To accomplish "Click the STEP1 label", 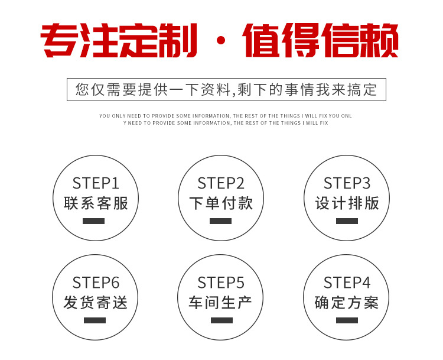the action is click(96, 183).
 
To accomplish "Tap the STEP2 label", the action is click(221, 183).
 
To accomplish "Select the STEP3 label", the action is click(347, 183).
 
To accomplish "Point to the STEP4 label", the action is click(347, 283).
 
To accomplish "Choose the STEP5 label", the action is click(221, 283).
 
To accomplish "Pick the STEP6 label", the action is click(96, 283).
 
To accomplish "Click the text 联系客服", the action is click(96, 203).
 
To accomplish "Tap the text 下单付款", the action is click(221, 203).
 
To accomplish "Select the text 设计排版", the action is click(347, 203).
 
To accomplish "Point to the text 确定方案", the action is click(347, 303).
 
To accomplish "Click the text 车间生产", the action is click(220, 303).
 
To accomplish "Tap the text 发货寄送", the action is click(96, 303).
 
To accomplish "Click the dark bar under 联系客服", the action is click(94, 221).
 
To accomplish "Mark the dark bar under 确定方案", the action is click(347, 320).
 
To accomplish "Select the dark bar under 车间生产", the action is click(221, 320).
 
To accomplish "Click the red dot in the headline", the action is click(221, 40).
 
